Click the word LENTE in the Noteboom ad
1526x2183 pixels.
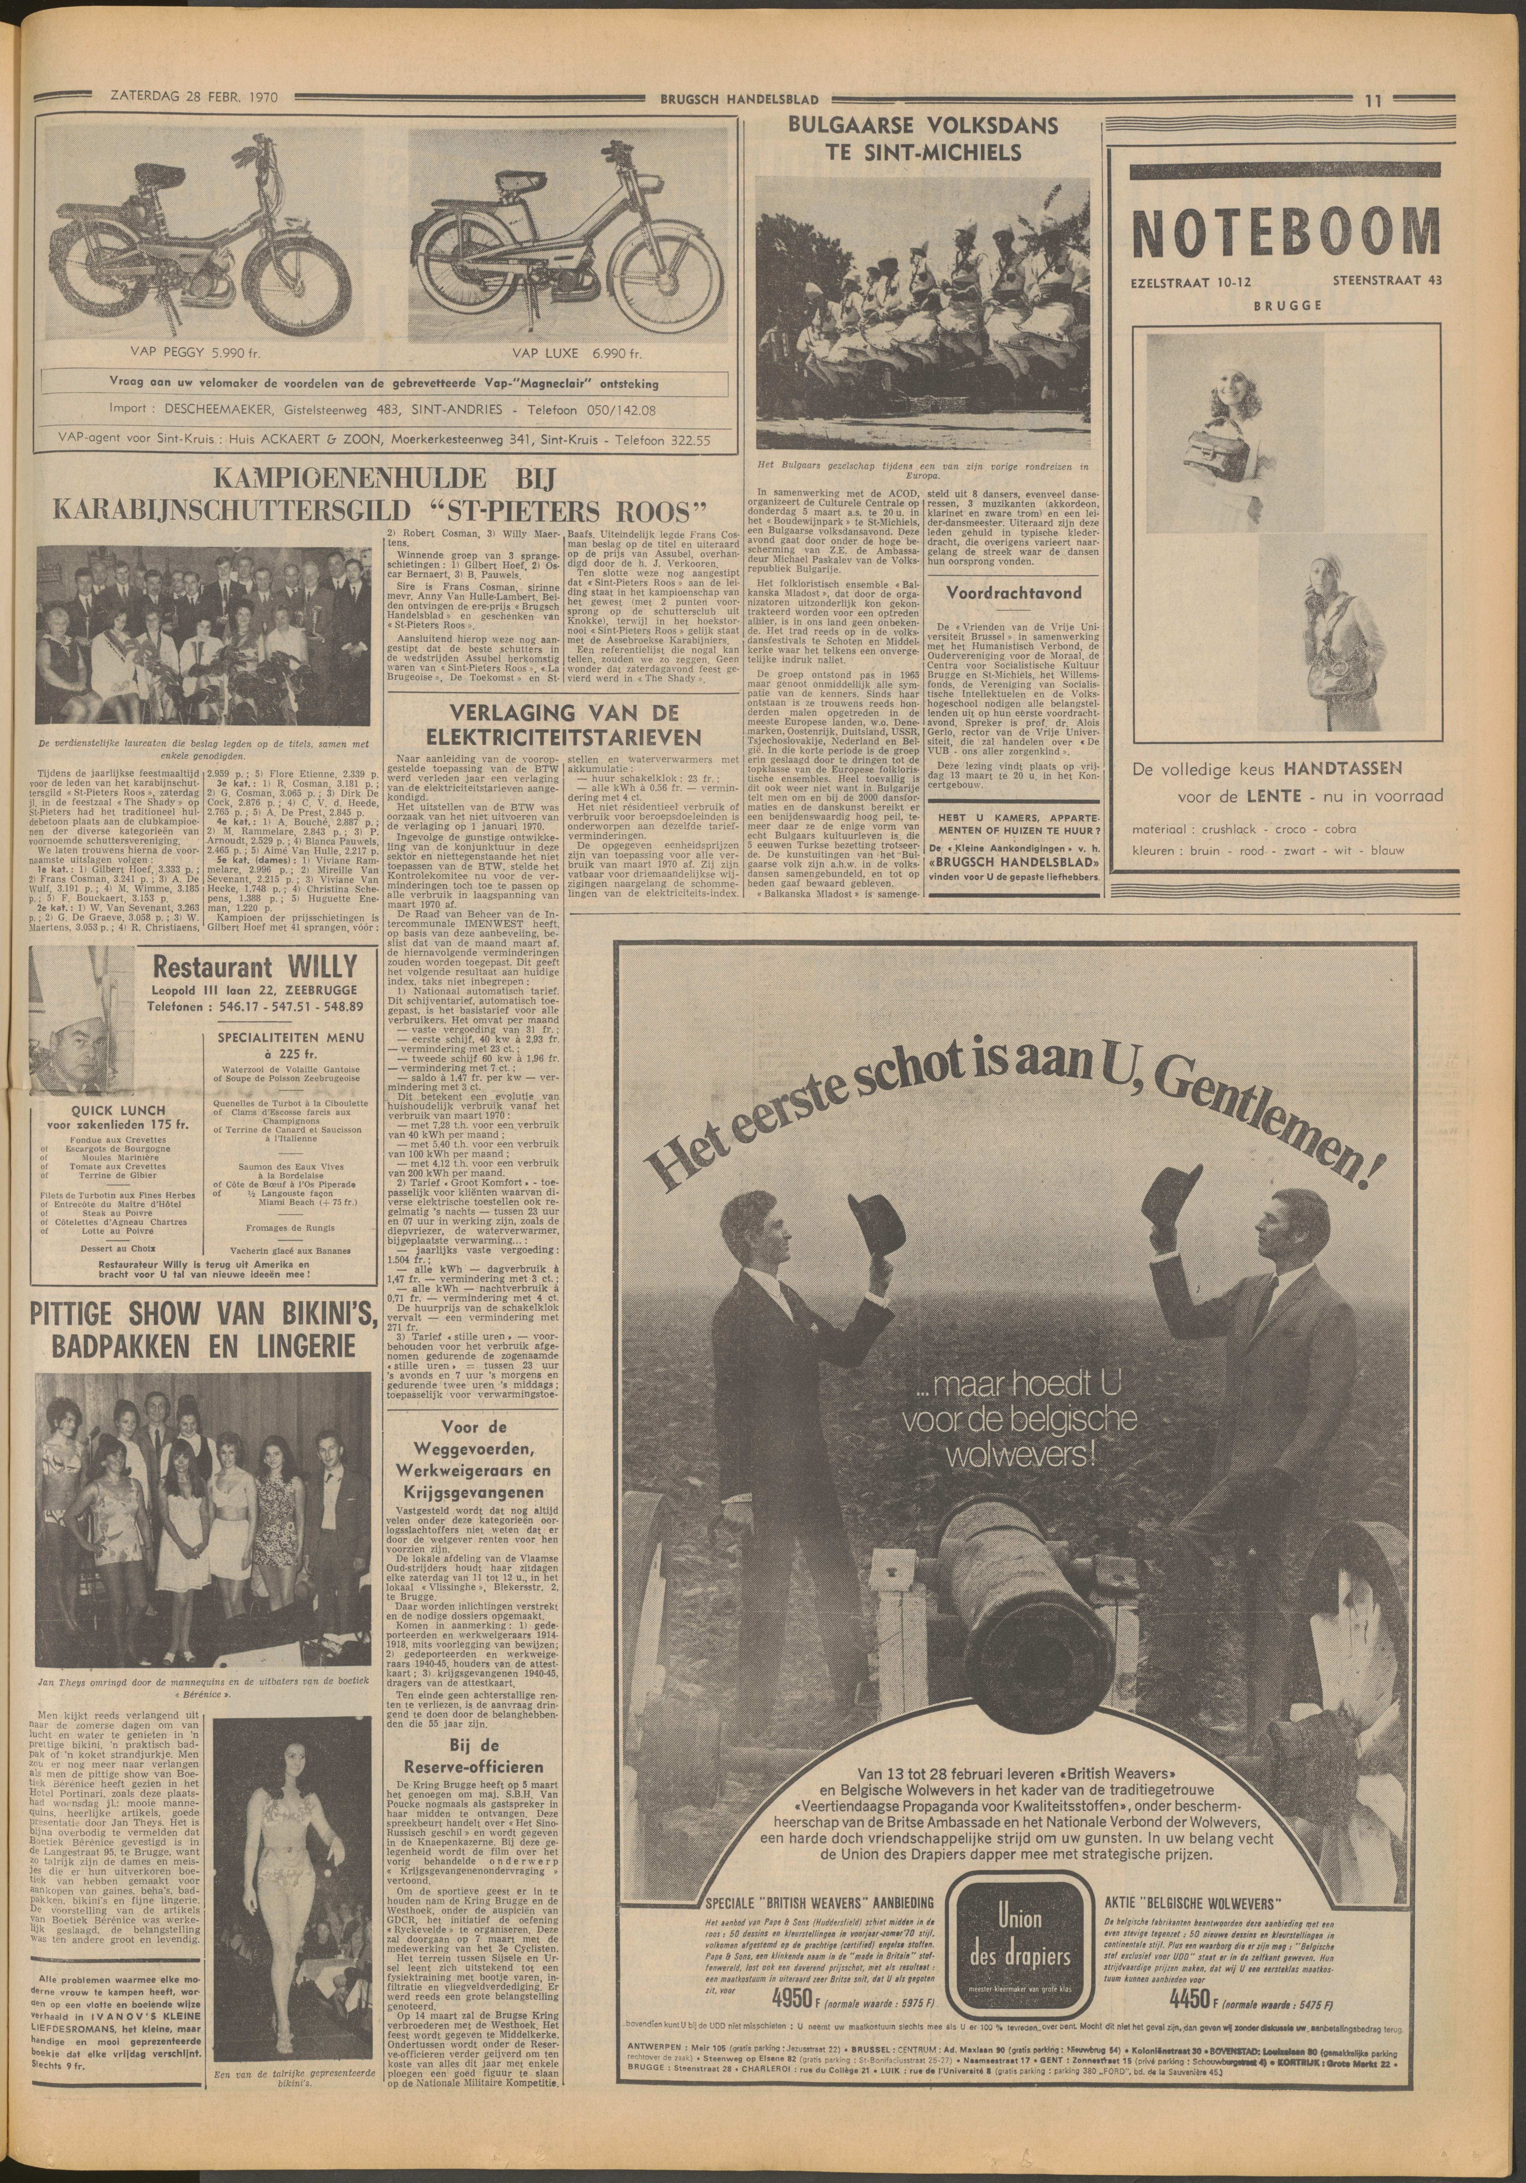(x=1241, y=796)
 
